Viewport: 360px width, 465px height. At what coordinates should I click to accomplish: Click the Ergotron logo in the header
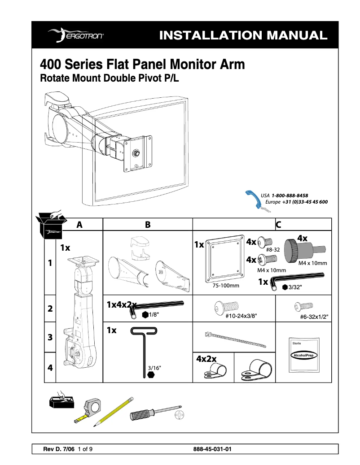[x=77, y=35]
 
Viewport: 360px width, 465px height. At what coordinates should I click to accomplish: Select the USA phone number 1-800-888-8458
[x=290, y=196]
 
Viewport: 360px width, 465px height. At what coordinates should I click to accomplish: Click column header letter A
[x=79, y=225]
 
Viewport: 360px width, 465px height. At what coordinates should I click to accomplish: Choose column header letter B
[x=148, y=225]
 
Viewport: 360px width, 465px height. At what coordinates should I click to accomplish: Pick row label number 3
[x=50, y=337]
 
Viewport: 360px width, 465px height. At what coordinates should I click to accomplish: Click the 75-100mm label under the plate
[x=225, y=285]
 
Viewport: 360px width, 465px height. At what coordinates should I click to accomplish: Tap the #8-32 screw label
[x=273, y=249]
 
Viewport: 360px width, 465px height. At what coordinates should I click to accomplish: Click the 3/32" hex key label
[x=295, y=287]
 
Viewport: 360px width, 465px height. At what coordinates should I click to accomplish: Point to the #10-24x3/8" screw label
[x=242, y=316]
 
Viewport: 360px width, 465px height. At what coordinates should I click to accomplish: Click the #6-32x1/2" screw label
[x=314, y=317]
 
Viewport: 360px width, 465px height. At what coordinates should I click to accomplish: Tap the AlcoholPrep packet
[x=303, y=354]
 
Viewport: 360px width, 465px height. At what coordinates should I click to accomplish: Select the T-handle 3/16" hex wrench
[x=144, y=350]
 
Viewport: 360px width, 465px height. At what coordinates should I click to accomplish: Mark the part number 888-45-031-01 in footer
[x=212, y=449]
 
